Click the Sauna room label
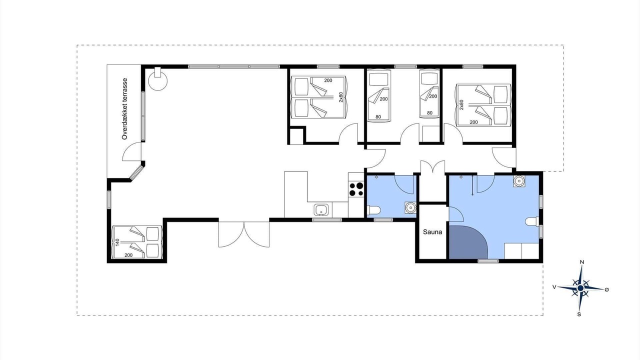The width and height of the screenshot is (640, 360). click(432, 232)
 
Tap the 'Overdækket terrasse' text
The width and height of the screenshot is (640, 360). click(124, 109)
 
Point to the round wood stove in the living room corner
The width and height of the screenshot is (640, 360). click(157, 79)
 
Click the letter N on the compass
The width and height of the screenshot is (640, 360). click(581, 262)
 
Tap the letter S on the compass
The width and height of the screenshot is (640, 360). click(579, 314)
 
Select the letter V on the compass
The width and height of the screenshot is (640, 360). click(554, 287)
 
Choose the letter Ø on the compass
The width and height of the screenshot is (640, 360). click(607, 289)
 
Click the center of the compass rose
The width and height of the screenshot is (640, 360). click(580, 288)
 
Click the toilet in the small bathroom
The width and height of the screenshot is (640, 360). click(373, 210)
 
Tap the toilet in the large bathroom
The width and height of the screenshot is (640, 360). click(532, 221)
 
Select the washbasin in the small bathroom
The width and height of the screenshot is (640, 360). click(410, 207)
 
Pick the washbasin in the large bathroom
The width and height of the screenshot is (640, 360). click(518, 181)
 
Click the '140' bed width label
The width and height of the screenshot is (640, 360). click(117, 242)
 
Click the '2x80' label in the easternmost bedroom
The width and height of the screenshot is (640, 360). click(461, 105)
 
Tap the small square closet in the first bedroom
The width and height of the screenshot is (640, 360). click(297, 136)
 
